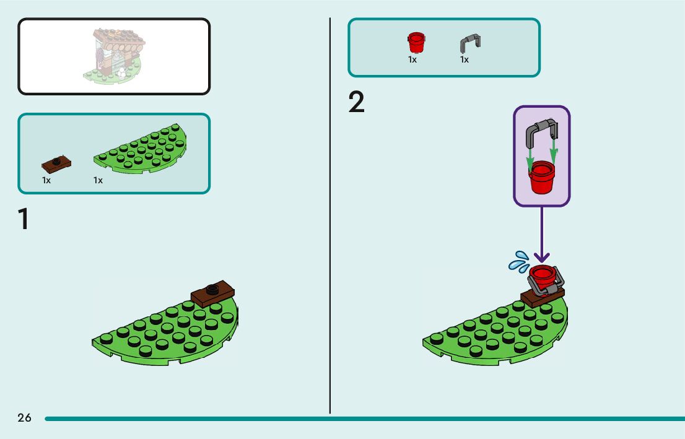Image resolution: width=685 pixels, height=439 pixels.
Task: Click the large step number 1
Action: click(x=24, y=220)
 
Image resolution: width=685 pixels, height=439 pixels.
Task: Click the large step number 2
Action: click(x=357, y=103)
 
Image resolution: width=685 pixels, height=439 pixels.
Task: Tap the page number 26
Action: click(x=24, y=418)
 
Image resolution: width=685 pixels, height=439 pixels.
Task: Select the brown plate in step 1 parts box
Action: click(x=56, y=163)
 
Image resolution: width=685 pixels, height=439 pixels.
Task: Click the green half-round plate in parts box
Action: click(x=141, y=149)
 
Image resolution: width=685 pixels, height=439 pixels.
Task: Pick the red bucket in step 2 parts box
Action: click(x=416, y=43)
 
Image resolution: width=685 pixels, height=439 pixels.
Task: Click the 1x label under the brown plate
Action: click(x=46, y=180)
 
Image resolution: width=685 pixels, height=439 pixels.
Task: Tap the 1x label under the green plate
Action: click(x=98, y=180)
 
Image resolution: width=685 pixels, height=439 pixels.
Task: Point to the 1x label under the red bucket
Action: click(x=412, y=59)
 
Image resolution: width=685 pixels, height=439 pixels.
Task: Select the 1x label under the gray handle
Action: click(x=465, y=59)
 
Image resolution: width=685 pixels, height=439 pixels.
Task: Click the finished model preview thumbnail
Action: click(x=115, y=56)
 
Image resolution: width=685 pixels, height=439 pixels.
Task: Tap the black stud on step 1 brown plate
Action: click(x=212, y=287)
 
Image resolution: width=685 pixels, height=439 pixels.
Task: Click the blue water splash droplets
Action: click(x=518, y=261)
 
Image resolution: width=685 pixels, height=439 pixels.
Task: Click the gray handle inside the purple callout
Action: click(x=541, y=130)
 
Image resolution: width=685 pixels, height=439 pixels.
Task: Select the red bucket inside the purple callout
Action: click(x=541, y=178)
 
